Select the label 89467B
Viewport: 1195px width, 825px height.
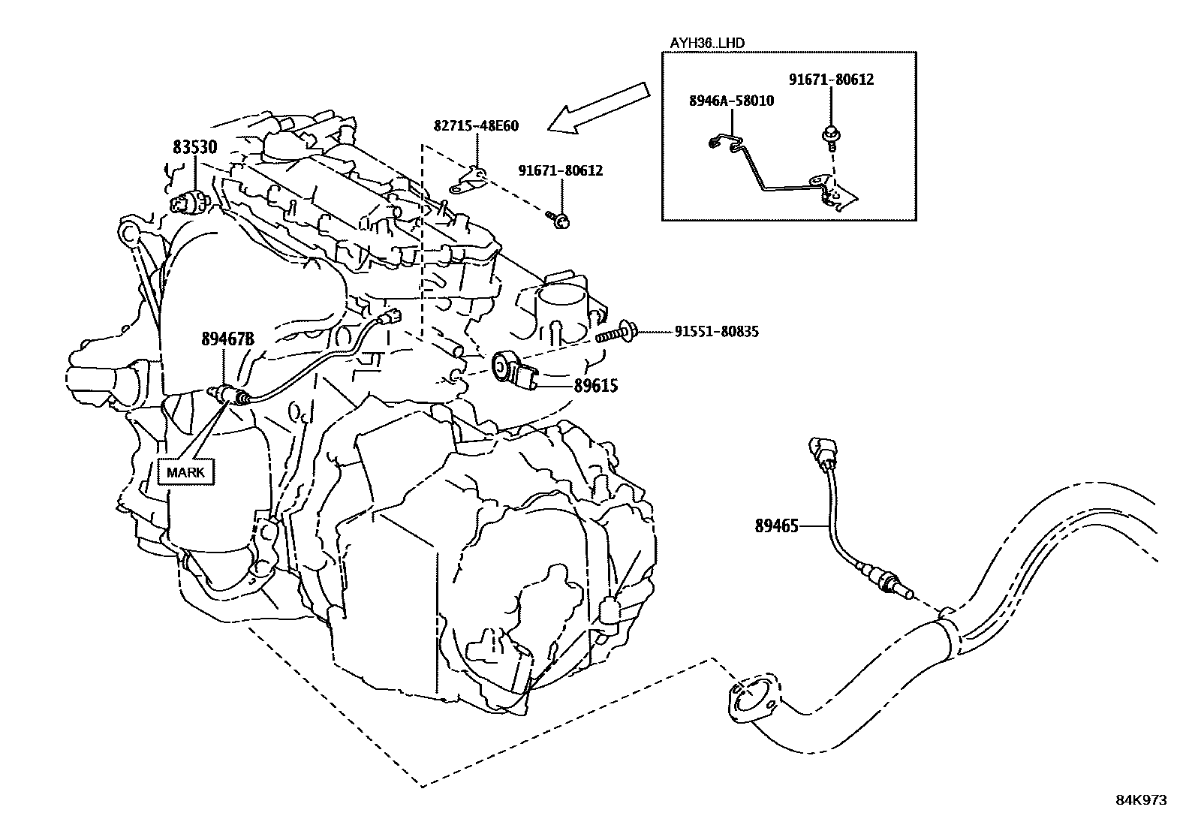click(x=227, y=339)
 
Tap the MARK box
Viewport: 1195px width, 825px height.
click(x=185, y=472)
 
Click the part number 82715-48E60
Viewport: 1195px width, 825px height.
click(x=476, y=126)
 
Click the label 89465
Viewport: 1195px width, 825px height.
click(x=777, y=526)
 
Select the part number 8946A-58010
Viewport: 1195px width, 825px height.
click(x=732, y=101)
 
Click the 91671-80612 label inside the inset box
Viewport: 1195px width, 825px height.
click(x=831, y=80)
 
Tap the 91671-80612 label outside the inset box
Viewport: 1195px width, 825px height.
click(x=560, y=171)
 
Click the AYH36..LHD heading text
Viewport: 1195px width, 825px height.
click(x=707, y=43)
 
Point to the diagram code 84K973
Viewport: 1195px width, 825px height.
click(x=1141, y=800)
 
